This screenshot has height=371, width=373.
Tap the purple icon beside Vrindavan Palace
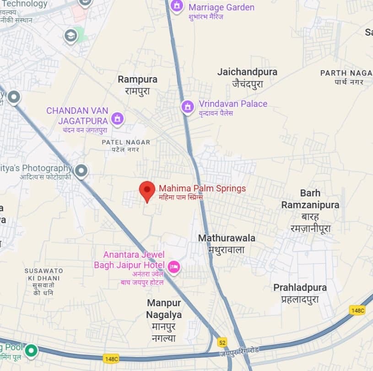pos(187,107)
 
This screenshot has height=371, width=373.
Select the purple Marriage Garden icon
pos(176,6)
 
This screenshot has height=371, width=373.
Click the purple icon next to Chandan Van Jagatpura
pos(118,119)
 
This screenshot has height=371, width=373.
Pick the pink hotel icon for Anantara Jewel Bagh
pos(173,266)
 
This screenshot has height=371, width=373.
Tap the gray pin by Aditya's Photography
pos(81,171)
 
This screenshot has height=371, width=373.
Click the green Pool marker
pos(31,350)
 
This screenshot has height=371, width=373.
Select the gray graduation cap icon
pos(70,35)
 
